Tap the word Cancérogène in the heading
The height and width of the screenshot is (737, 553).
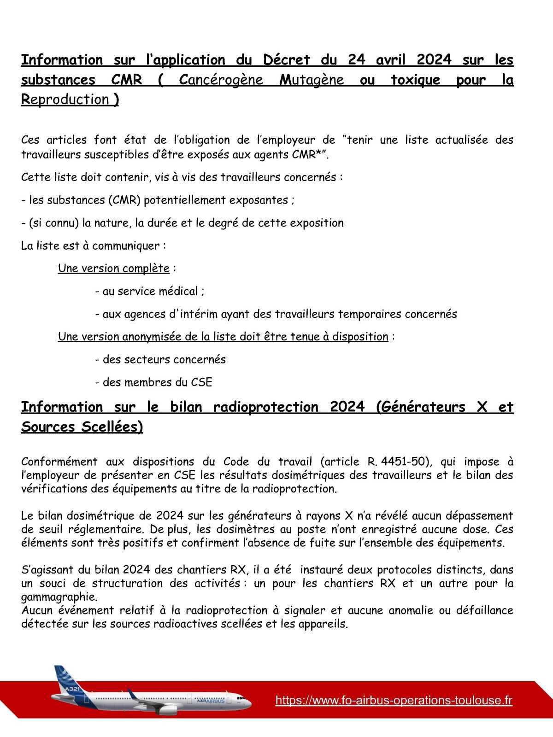(221, 80)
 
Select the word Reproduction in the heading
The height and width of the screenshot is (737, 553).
(65, 99)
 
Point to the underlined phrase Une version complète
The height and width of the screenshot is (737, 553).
(114, 268)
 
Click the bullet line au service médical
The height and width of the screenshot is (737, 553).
(150, 291)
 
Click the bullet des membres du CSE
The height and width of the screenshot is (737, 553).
(153, 382)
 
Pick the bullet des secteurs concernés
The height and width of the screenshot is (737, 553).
(160, 359)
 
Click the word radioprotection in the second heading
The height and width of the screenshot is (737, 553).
(265, 407)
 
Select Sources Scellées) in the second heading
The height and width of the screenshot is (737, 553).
(82, 427)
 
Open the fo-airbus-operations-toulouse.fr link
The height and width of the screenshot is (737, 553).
(394, 700)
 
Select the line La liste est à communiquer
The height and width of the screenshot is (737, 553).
(94, 246)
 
